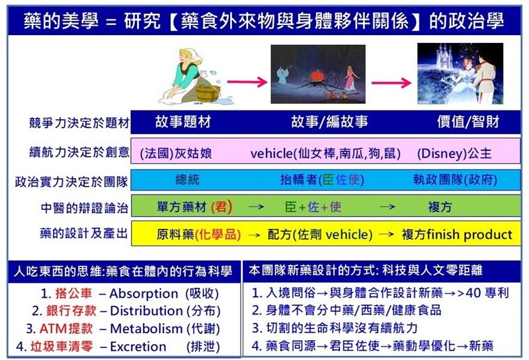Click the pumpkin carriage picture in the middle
[317, 74]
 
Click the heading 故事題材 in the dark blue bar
[183, 123]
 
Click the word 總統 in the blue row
[187, 179]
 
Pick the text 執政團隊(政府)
[451, 179]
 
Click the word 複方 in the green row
[440, 207]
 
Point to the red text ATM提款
[66, 329]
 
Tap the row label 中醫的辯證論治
[85, 207]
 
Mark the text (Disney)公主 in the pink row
[454, 153]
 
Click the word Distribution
[146, 311]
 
